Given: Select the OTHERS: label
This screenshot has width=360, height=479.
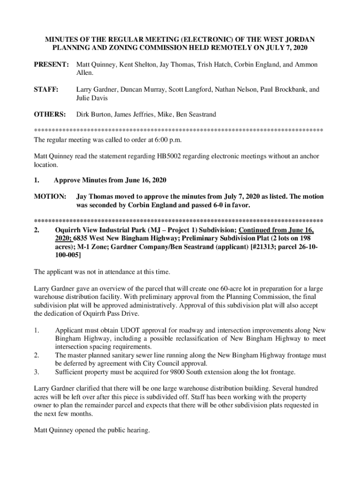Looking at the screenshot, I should point(50,114).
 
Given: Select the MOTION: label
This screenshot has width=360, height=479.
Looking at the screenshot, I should point(50,197).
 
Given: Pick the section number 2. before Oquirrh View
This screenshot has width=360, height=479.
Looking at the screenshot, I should point(36,230).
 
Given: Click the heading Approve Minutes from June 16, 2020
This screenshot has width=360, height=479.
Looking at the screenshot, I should point(110,181).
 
